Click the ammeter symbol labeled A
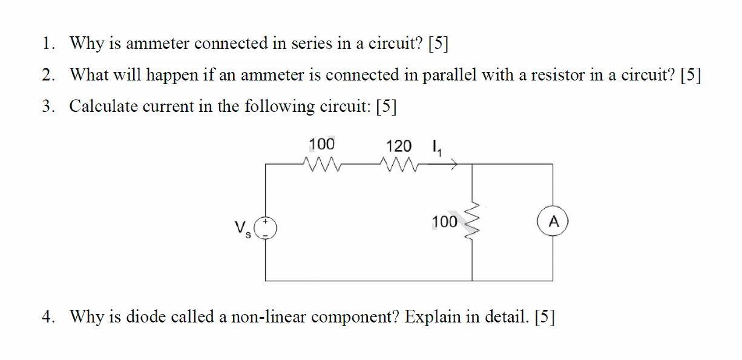click(552, 222)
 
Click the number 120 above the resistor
click(398, 146)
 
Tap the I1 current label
click(436, 148)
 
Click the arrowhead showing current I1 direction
click(452, 163)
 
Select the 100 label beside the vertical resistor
click(445, 222)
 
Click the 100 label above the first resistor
click(321, 144)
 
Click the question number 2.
click(47, 75)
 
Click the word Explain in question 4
click(432, 316)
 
